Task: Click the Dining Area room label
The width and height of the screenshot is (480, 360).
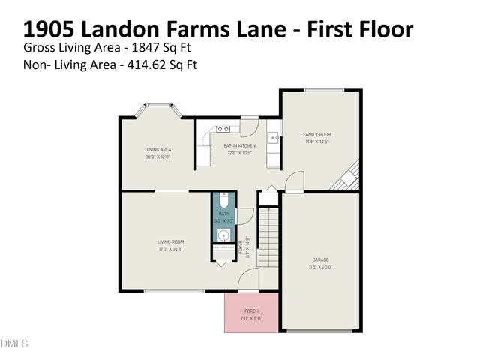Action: coord(158,149)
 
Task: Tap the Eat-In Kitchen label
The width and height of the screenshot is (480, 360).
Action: coord(240,145)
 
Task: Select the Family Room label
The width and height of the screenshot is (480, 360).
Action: coord(317,134)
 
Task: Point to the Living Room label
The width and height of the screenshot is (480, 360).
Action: coord(170,241)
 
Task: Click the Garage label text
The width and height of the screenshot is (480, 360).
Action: coord(320,259)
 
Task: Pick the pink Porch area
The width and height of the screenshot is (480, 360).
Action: coord(251,312)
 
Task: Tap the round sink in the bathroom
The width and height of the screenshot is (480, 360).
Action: coord(223,236)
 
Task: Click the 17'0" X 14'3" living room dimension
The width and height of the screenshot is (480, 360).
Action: coord(170,249)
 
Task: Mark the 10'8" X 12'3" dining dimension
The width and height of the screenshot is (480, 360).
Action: coord(158,157)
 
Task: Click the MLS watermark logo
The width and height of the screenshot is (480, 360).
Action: coord(14,344)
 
